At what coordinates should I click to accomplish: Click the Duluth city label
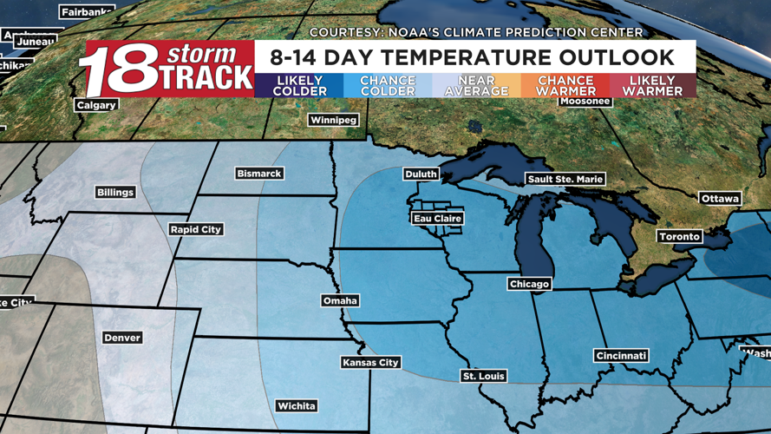(421, 174)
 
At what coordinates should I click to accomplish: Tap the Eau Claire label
(437, 219)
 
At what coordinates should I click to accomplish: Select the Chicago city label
(529, 284)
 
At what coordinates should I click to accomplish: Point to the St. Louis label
(484, 376)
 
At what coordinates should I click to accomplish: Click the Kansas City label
(370, 362)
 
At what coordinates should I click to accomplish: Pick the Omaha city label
(340, 300)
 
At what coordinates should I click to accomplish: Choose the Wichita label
(296, 405)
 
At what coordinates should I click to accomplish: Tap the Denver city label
(121, 337)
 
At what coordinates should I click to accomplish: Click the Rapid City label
(196, 229)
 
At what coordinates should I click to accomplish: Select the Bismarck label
(258, 174)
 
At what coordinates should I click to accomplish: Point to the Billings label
(115, 192)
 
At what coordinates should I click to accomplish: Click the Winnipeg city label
(333, 120)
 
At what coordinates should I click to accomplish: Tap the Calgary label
(96, 105)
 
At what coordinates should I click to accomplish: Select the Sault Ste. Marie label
(565, 179)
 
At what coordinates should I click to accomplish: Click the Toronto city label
(679, 236)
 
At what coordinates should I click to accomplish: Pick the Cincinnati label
(622, 356)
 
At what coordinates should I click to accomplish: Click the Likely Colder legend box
(299, 85)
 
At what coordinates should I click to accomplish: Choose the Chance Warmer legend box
(565, 85)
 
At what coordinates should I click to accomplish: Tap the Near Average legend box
(476, 85)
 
